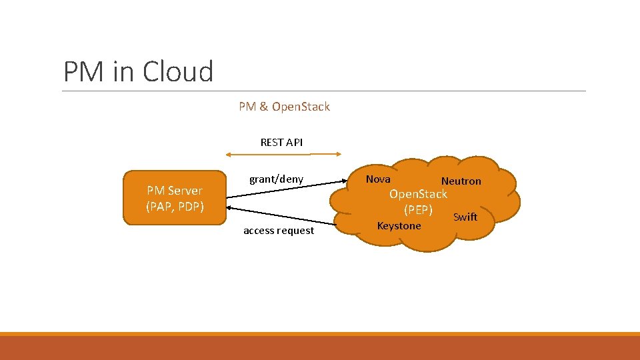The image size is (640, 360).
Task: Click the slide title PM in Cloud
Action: tap(138, 71)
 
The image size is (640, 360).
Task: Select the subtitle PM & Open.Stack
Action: tap(284, 107)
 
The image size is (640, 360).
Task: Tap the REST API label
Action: tap(281, 142)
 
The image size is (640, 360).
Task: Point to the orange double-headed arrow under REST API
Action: tap(284, 155)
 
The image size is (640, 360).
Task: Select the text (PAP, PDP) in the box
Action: tap(175, 207)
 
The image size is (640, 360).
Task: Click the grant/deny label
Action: tap(276, 179)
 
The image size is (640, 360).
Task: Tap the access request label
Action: tap(279, 231)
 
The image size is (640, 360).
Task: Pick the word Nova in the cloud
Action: tap(378, 179)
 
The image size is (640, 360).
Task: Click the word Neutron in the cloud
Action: tap(461, 181)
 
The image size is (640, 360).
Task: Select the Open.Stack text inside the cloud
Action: tap(418, 194)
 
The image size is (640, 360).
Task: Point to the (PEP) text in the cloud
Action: tap(418, 210)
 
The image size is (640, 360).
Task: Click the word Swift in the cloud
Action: tap(465, 217)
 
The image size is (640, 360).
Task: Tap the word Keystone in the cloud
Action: tap(399, 226)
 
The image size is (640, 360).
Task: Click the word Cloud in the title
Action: tap(179, 71)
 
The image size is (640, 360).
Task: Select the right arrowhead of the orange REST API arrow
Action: tap(338, 155)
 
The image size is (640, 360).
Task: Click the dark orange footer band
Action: tap(320, 348)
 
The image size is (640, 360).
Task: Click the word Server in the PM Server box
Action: tap(185, 191)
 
